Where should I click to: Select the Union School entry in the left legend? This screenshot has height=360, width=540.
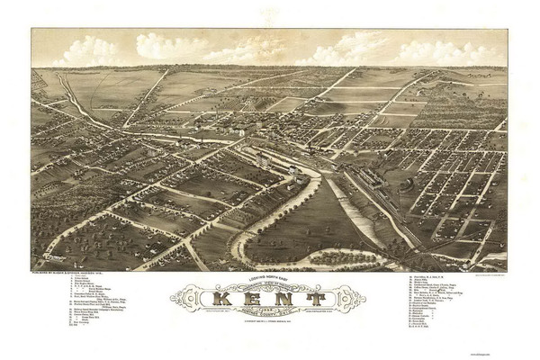[x=82, y=284]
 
